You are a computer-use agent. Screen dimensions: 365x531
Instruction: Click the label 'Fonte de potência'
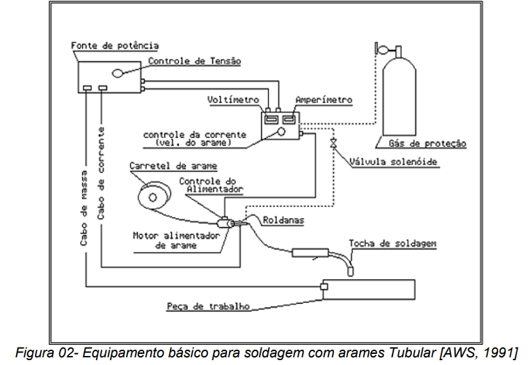116,46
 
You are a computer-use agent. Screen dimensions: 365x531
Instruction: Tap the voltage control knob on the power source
118,72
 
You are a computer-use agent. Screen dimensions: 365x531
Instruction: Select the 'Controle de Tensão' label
195,61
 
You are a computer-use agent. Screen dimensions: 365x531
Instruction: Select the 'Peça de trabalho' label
208,306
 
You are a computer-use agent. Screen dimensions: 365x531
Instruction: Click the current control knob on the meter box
282,131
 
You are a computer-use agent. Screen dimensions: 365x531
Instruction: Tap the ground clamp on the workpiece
324,286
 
